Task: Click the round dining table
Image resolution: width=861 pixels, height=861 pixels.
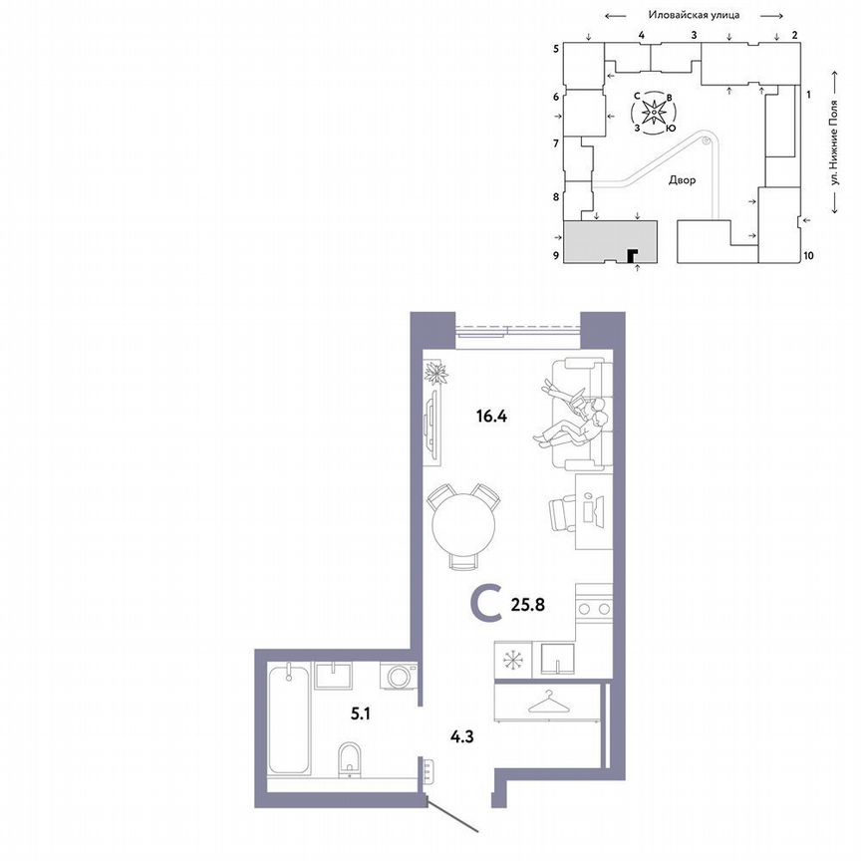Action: click(x=462, y=527)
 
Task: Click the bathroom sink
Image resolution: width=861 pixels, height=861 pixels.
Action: click(x=333, y=677)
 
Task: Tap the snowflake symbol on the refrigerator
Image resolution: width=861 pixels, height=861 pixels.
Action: click(x=512, y=660)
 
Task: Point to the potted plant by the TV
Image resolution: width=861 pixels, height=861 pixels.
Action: click(x=436, y=374)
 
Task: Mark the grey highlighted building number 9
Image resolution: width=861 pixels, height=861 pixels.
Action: click(x=611, y=242)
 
